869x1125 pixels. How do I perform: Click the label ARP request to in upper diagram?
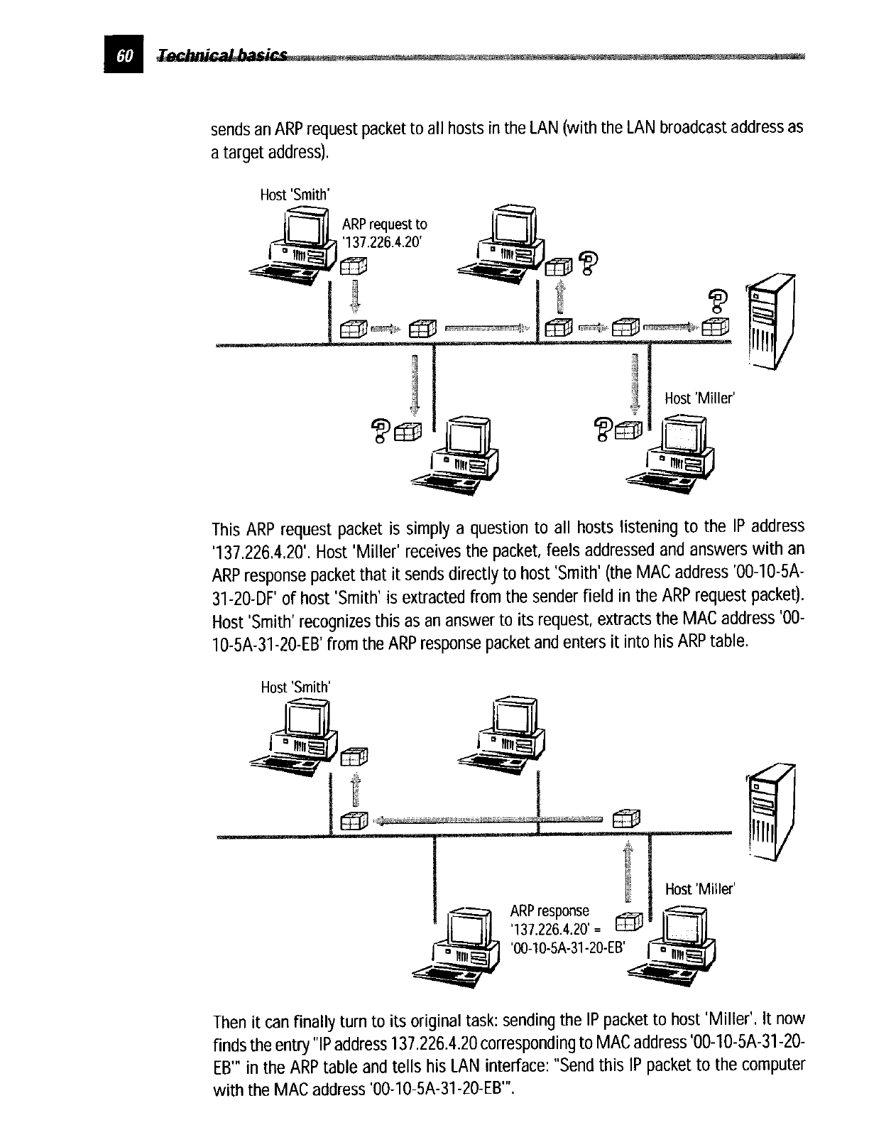(x=385, y=224)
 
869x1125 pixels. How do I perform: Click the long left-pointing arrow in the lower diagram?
(x=490, y=820)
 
